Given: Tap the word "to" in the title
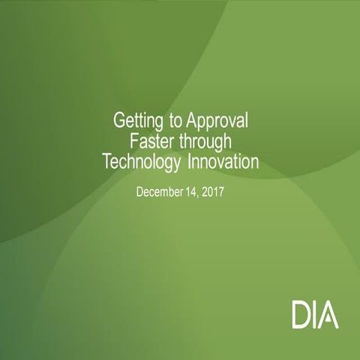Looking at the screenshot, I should tap(174, 120).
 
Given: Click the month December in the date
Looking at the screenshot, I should tap(159, 192).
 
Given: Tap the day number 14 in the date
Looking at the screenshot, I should tap(191, 192).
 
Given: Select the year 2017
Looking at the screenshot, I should tap(214, 192).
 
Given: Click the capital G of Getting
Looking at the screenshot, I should tap(118, 120).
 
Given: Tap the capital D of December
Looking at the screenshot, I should tap(140, 192).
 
